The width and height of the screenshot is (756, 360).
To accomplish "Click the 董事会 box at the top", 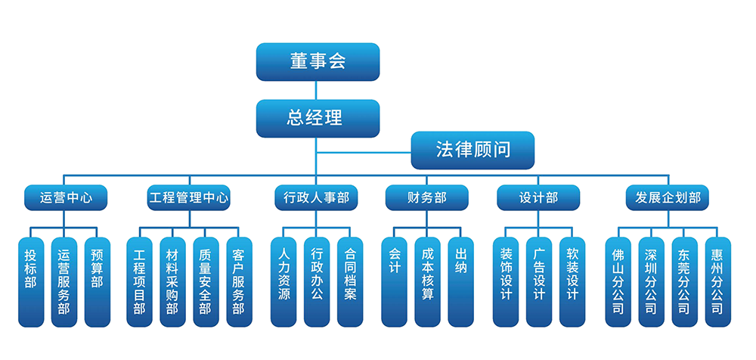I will (x=318, y=62).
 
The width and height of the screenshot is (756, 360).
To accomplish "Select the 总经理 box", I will (x=318, y=118).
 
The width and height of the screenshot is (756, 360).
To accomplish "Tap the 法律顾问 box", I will (x=472, y=150).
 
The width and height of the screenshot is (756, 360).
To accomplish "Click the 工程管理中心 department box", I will (x=188, y=198).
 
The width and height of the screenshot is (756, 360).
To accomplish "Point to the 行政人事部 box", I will (x=316, y=198).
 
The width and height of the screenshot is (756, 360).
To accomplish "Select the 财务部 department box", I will (x=426, y=198).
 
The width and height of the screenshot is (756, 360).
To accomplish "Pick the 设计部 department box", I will (x=538, y=198).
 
